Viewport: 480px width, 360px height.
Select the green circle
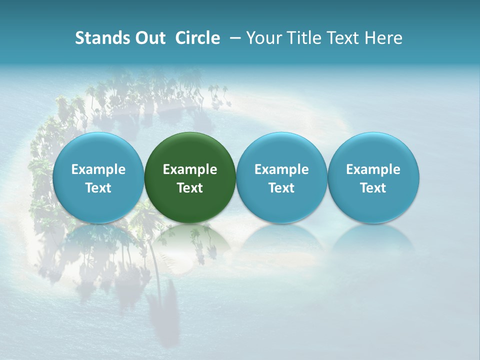[x=190, y=177]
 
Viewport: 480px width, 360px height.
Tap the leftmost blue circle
[x=98, y=177]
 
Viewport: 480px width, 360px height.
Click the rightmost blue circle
[x=373, y=177]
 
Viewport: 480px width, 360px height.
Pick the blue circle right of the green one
[x=281, y=177]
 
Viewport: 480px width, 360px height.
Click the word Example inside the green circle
[x=190, y=169]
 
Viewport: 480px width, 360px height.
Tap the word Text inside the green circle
[x=190, y=188]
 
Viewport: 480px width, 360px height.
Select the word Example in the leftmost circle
[x=98, y=169]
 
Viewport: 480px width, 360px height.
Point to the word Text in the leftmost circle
[x=98, y=188]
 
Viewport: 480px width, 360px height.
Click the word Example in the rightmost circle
[x=373, y=169]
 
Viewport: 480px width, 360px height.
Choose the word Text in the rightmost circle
[x=373, y=188]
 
